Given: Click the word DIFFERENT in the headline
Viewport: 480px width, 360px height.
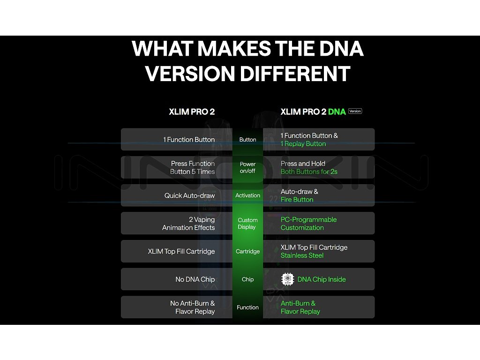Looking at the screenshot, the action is click(x=295, y=74).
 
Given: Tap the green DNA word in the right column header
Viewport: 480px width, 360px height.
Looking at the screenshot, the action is click(x=337, y=112).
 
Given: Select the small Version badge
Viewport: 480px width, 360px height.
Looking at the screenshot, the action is click(x=355, y=111).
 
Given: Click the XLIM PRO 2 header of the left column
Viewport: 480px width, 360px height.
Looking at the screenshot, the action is click(x=192, y=112).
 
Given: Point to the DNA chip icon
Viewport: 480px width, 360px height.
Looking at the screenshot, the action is click(x=287, y=279).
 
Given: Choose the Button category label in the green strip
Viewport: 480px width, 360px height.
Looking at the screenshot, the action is click(x=247, y=140).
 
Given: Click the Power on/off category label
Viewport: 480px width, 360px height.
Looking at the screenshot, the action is click(x=247, y=167).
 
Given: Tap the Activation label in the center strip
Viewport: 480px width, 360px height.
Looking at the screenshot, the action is click(x=247, y=195).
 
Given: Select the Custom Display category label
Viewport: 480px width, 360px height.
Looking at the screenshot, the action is click(x=247, y=224).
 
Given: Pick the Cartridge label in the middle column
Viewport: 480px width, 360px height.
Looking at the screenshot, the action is click(x=247, y=251).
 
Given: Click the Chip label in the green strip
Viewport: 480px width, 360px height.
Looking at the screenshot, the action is click(x=247, y=279).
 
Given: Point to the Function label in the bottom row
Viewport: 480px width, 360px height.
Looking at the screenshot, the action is click(x=247, y=307).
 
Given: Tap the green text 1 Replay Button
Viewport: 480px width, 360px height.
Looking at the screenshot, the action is click(x=303, y=144).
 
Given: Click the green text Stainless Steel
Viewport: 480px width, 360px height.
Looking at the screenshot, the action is click(x=302, y=255).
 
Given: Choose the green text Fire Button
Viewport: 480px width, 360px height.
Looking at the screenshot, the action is click(x=297, y=200).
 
